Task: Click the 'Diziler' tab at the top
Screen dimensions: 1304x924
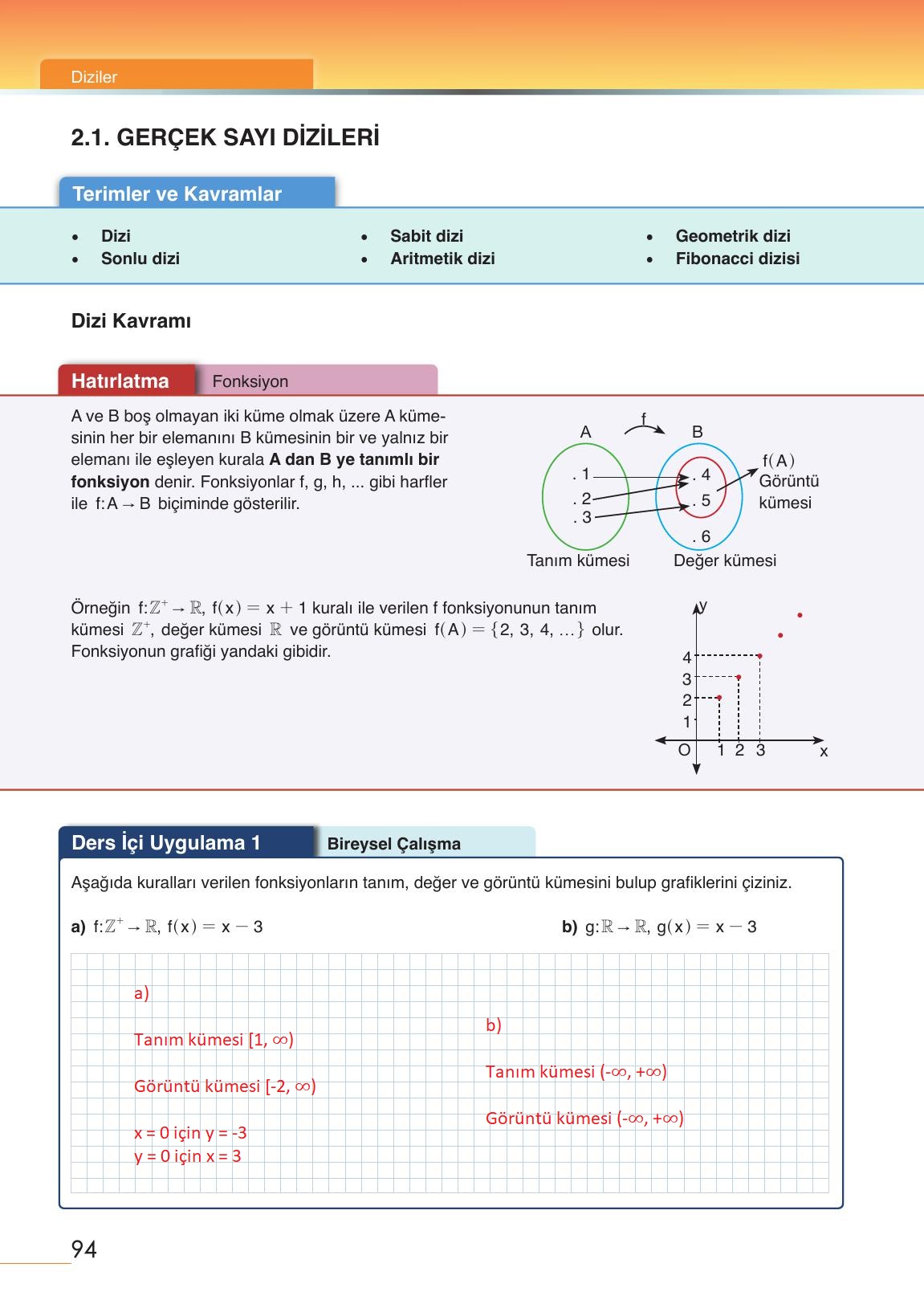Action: click(94, 77)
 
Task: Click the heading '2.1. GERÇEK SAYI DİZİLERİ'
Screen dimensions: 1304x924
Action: click(225, 137)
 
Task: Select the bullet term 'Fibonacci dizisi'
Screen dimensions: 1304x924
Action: click(737, 259)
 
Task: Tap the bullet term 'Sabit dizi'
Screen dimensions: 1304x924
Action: click(426, 236)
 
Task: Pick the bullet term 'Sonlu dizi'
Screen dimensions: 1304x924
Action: click(140, 259)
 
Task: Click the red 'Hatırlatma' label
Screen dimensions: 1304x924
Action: click(120, 381)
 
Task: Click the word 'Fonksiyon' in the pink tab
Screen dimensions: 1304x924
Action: click(250, 381)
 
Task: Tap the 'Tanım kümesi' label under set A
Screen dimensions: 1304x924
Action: click(578, 560)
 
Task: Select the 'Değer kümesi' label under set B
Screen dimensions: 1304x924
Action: click(724, 560)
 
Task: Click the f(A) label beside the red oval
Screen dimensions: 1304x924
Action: click(778, 461)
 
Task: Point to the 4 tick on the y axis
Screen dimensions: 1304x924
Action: click(687, 658)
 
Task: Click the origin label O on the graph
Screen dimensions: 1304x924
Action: click(684, 750)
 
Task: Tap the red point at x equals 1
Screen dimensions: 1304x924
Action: click(719, 697)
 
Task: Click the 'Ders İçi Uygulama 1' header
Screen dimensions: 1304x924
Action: click(166, 842)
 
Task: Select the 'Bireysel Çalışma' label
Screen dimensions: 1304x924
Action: click(393, 844)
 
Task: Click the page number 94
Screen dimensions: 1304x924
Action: click(84, 1249)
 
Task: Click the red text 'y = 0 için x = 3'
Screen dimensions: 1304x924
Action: click(187, 1156)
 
